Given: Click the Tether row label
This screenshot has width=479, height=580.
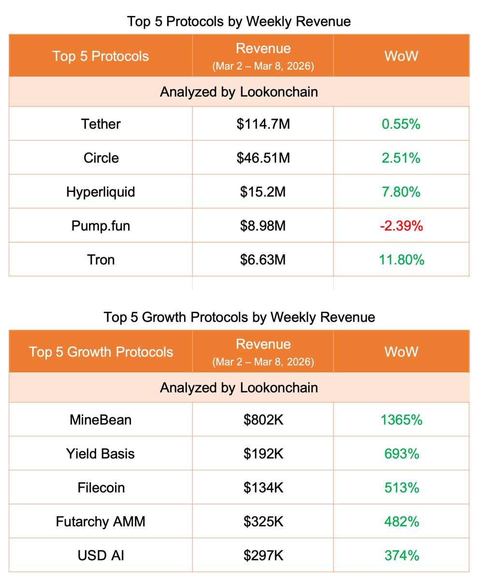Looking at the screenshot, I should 101,124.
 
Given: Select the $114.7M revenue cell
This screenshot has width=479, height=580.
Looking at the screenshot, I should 263,124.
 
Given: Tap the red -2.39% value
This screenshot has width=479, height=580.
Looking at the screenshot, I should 401,226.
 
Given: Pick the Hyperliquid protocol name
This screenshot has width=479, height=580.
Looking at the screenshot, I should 101,192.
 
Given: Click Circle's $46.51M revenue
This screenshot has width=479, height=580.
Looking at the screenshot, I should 263,158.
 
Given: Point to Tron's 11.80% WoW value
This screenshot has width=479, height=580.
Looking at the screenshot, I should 401,260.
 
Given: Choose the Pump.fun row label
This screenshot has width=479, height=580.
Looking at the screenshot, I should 101,226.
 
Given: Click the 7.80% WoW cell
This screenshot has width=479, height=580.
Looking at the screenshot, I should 401,192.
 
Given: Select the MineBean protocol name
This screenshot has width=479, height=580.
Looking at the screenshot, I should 101,420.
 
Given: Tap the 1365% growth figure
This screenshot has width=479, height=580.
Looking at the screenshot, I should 401,420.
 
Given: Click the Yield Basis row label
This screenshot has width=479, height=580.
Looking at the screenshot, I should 101,453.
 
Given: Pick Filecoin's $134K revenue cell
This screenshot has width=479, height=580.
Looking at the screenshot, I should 263,488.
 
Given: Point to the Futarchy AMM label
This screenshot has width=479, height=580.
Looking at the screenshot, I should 101,522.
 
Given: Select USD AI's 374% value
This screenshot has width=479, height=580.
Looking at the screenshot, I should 401,555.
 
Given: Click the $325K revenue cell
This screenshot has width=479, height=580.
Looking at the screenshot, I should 263,522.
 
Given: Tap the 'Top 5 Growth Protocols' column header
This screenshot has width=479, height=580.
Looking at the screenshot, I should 101,351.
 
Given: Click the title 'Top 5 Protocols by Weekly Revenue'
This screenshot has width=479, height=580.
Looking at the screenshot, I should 239,22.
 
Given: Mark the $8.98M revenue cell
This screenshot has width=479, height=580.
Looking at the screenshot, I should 263,226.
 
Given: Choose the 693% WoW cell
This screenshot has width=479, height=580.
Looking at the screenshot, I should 401,453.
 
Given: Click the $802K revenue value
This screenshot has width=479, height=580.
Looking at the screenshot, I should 263,420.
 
